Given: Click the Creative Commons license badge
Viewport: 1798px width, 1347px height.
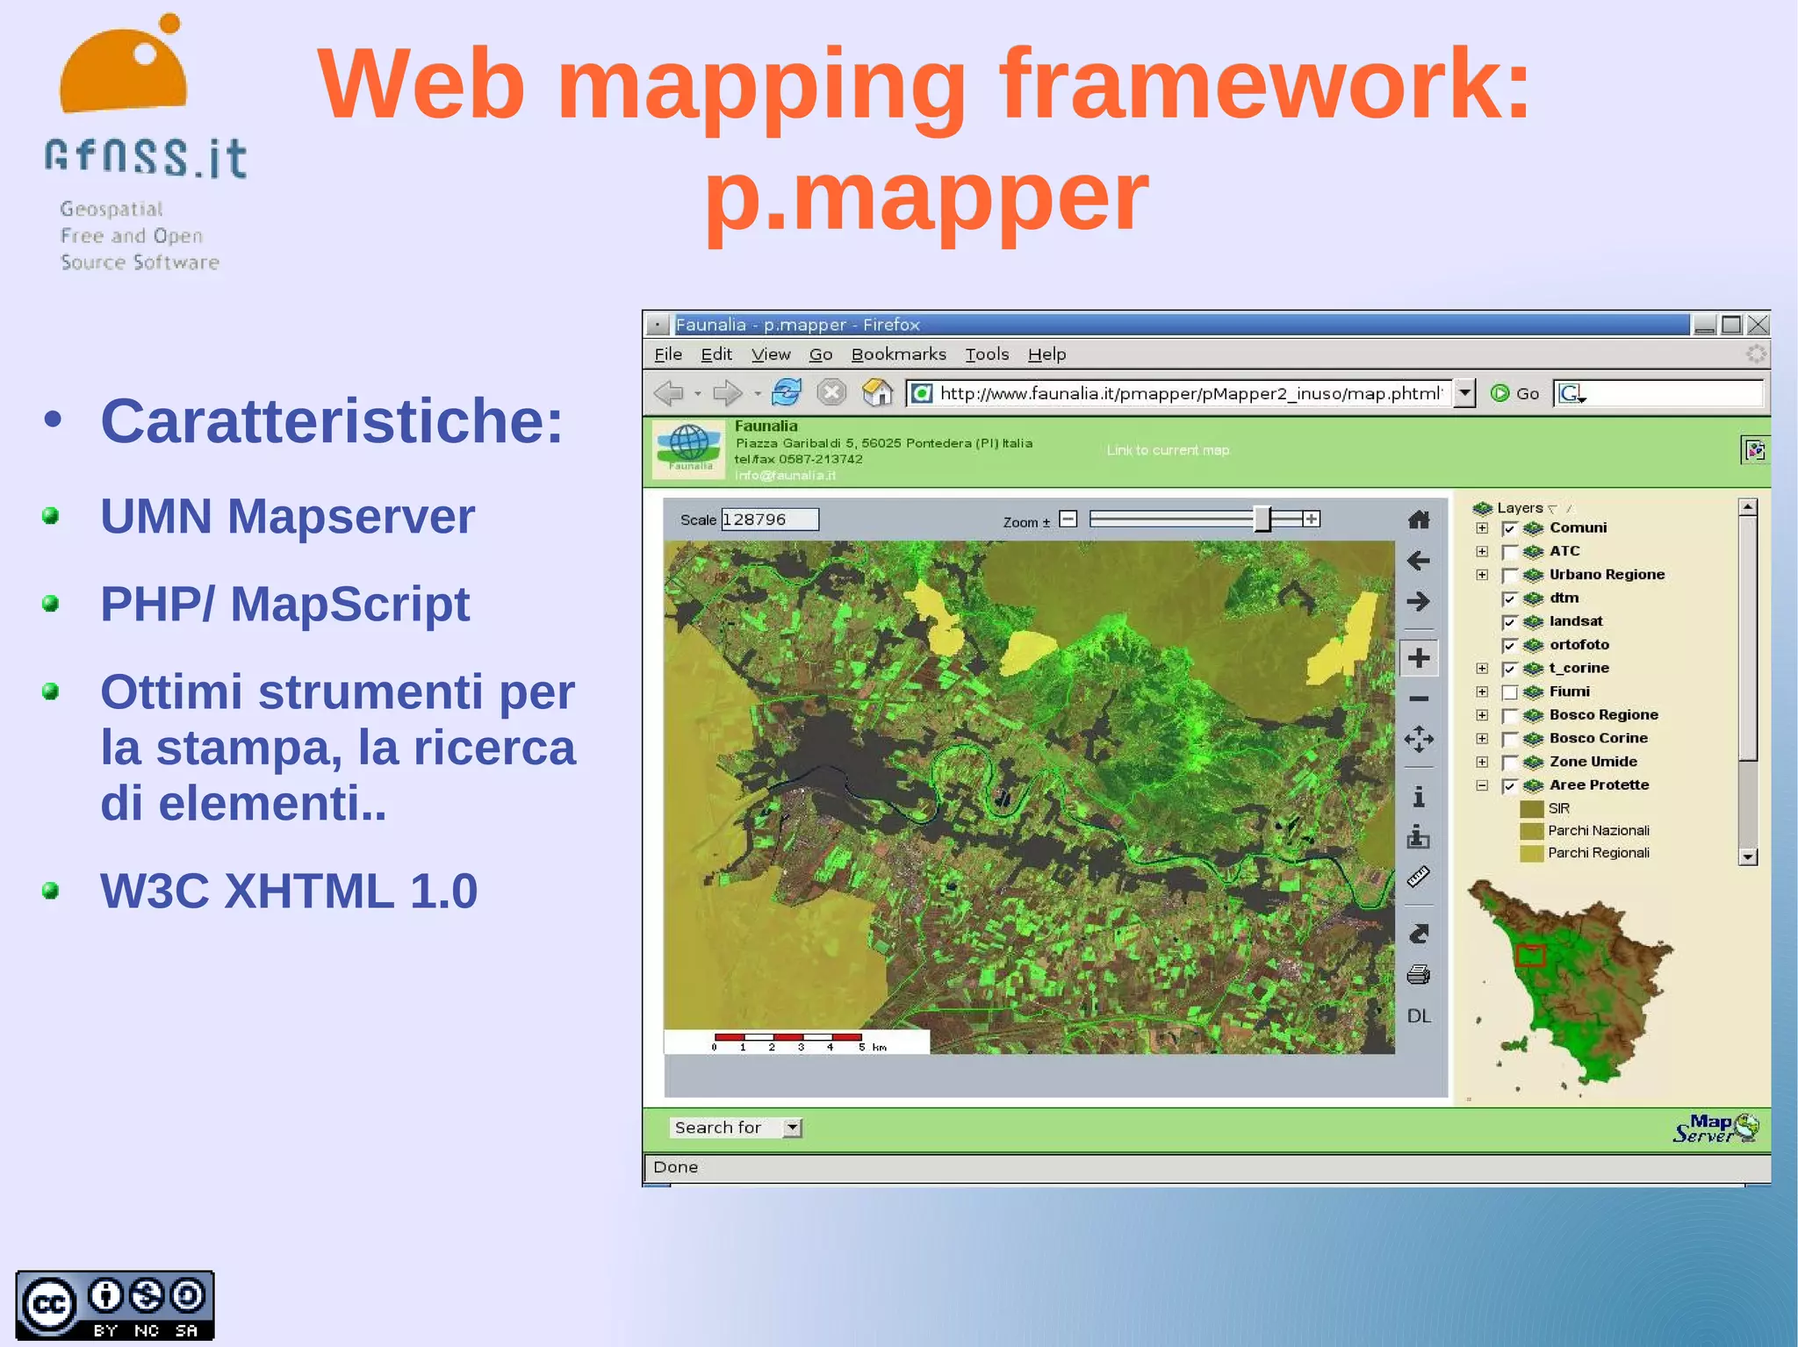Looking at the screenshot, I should coord(114,1305).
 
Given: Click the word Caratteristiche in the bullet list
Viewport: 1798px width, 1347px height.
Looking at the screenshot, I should coord(331,421).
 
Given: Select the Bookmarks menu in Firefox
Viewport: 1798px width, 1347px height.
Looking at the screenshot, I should coord(898,355).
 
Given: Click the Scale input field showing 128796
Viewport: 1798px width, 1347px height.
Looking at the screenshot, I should coord(769,519).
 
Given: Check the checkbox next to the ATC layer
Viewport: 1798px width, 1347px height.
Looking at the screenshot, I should coord(1510,552).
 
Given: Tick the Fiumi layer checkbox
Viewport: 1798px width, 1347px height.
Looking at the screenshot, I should coord(1510,692).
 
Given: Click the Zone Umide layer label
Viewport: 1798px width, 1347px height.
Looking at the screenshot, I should coord(1593,762).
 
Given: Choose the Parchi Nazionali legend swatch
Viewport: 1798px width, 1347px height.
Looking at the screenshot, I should coord(1531,831).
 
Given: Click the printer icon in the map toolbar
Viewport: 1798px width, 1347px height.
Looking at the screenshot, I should coord(1418,975).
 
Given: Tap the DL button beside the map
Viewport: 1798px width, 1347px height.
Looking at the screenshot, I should coord(1419,1016).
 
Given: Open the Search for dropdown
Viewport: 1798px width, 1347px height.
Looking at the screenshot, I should coord(792,1128).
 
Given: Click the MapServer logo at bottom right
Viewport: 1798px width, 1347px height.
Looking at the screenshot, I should coord(1715,1128).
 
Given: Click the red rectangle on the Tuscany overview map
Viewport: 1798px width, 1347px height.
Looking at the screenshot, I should coord(1530,956).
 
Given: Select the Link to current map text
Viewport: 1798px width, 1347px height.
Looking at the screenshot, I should coord(1168,450).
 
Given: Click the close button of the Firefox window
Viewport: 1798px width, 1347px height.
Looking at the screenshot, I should coord(1758,325).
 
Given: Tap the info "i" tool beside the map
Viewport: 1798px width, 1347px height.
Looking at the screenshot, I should coord(1418,797).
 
